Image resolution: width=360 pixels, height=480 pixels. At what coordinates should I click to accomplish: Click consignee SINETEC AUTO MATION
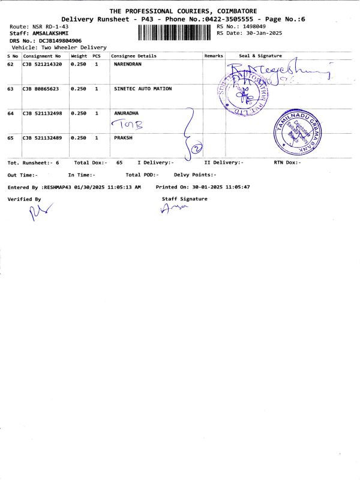coord(143,89)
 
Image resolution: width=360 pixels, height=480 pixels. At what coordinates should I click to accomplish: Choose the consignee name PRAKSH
coord(123,138)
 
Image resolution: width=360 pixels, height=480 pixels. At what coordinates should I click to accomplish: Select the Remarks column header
coord(214,56)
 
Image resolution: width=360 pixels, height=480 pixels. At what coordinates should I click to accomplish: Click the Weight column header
coord(79,56)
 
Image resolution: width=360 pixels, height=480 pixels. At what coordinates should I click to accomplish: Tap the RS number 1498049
coord(253,27)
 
